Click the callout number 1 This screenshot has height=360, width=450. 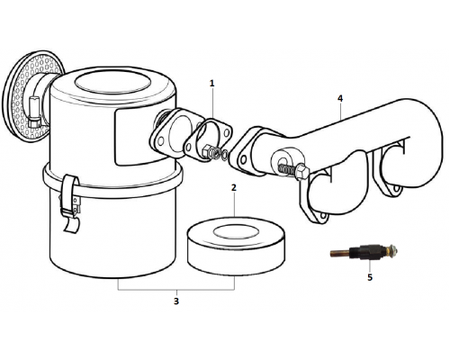pos(212,83)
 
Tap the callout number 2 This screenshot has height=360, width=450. pos(234,187)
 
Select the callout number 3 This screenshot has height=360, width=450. pos(176,301)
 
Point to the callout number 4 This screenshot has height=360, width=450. pos(340,98)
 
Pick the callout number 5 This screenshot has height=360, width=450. pos(370,277)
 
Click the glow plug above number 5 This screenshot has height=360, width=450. pos(364,250)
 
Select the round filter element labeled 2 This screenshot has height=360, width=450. pos(236,246)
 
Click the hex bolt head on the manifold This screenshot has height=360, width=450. pos(302,173)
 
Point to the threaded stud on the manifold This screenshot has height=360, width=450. pos(287,169)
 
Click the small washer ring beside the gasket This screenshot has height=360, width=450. pos(224,155)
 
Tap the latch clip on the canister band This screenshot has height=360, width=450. pos(70,202)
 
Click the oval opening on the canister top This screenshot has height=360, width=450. pos(113,82)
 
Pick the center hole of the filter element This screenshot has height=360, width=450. pos(236,232)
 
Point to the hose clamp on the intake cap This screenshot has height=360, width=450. pos(33,112)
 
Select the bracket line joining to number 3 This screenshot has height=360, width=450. pos(176,290)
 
